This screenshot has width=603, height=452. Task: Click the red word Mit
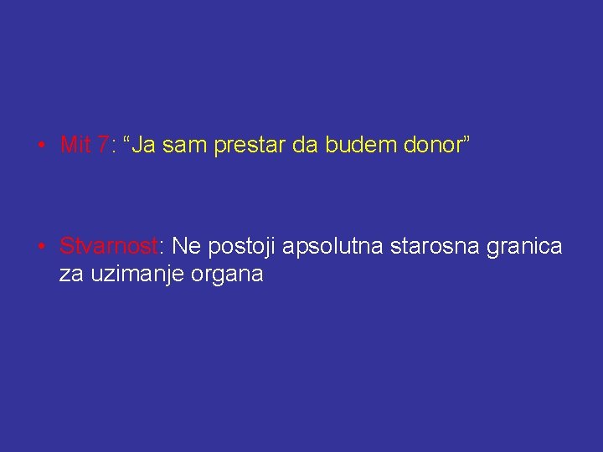[75, 146]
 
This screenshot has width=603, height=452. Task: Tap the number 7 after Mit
[102, 146]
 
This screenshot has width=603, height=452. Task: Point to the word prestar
[250, 146]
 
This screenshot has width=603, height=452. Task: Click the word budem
[359, 146]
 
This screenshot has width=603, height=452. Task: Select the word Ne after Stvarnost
[186, 247]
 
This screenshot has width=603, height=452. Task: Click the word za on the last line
[70, 274]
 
